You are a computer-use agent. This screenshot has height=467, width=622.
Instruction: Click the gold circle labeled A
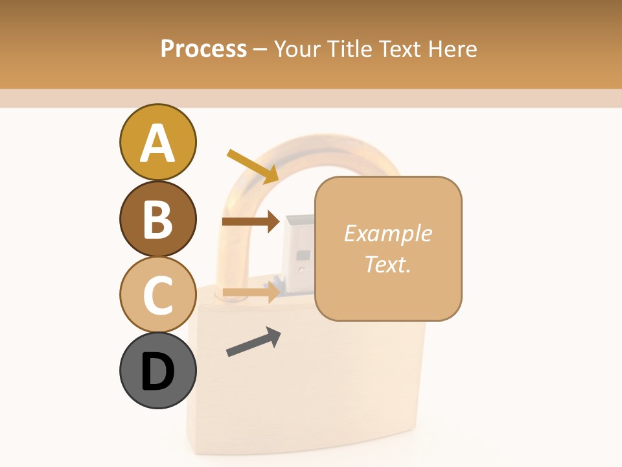[157, 142]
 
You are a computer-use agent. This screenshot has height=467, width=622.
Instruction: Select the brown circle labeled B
[157, 219]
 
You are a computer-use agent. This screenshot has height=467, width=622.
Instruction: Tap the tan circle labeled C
[157, 294]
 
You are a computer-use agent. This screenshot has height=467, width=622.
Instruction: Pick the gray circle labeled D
[157, 370]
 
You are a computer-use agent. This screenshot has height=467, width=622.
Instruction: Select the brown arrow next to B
[251, 222]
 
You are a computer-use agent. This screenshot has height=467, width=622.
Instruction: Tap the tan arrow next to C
[251, 293]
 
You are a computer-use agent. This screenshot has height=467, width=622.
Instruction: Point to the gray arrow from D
[253, 342]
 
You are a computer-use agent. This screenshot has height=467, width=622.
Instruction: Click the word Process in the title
[203, 49]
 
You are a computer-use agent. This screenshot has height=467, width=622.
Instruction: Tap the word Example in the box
[387, 233]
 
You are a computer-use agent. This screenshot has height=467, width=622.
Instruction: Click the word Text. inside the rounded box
[387, 264]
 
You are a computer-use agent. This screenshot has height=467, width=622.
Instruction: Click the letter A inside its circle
[157, 143]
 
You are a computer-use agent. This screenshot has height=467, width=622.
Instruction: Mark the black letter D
[157, 372]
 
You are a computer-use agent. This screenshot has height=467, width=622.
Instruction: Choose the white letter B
[157, 219]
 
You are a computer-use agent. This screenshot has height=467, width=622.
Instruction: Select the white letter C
[157, 295]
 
